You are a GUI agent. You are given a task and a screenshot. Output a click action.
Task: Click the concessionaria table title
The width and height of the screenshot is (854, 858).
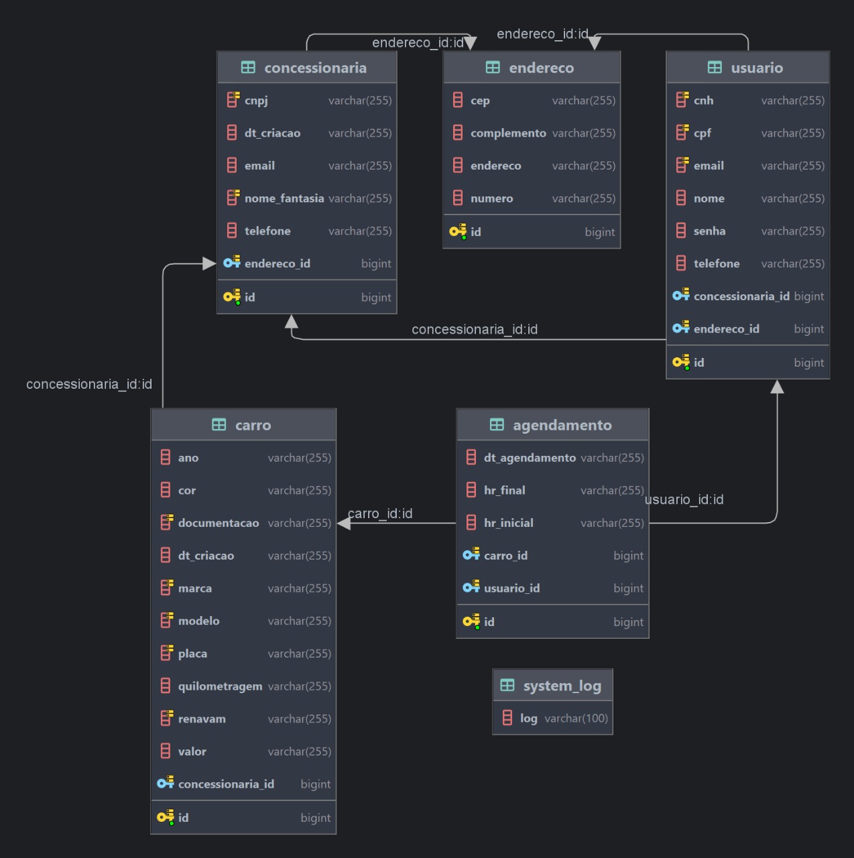click(x=315, y=68)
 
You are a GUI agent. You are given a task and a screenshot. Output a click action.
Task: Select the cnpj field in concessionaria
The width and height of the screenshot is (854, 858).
click(x=256, y=101)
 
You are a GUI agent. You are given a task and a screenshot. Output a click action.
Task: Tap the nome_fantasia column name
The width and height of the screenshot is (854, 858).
click(x=284, y=198)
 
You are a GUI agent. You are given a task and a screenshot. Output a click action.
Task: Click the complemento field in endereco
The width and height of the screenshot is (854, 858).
click(x=508, y=133)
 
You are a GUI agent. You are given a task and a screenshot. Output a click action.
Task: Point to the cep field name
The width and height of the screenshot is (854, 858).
click(x=480, y=101)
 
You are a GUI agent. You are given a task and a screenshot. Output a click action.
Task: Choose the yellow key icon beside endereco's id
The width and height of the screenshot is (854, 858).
click(x=458, y=232)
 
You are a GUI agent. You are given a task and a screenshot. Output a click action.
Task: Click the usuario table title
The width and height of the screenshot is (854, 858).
click(x=757, y=68)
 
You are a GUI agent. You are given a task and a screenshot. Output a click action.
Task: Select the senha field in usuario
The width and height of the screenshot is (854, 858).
click(x=709, y=231)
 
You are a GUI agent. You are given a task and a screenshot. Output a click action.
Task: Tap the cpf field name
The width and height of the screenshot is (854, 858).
click(x=703, y=133)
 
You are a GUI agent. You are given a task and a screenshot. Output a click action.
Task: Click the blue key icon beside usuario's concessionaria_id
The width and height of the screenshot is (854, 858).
click(x=681, y=296)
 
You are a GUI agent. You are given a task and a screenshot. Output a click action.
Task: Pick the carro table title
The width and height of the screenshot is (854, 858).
click(x=253, y=425)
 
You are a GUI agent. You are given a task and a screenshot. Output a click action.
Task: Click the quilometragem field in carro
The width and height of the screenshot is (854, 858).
click(x=220, y=686)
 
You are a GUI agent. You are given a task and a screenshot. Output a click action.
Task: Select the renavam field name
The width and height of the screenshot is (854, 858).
click(x=202, y=719)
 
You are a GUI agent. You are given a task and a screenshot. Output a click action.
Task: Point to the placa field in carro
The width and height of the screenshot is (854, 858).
click(x=192, y=654)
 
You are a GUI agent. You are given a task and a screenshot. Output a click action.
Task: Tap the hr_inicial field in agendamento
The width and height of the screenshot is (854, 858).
click(x=509, y=523)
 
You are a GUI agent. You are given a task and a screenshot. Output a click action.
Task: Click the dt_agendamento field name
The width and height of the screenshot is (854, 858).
click(x=530, y=458)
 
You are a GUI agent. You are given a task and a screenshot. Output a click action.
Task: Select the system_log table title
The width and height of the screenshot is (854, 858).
click(x=562, y=686)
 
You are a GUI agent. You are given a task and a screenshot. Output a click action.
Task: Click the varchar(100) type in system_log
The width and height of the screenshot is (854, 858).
click(x=576, y=719)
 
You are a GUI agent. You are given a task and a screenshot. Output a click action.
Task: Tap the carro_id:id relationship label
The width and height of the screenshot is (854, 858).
click(x=380, y=513)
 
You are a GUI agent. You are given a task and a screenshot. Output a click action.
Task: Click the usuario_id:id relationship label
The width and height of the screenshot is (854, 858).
click(x=684, y=499)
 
